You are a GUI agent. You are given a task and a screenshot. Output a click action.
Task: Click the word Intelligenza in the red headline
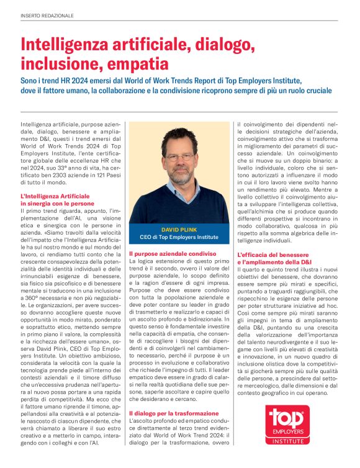click(x=61, y=45)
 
